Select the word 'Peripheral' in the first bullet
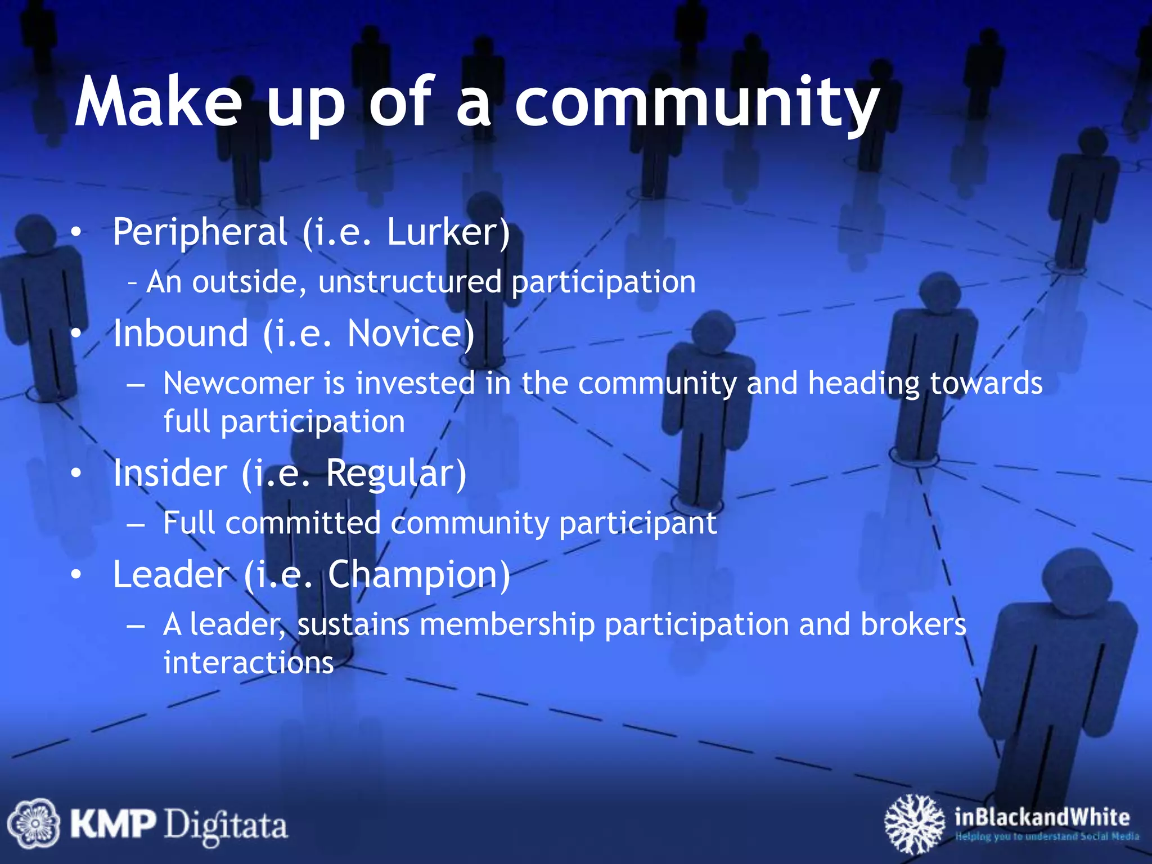click(200, 232)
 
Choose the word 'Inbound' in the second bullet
click(181, 333)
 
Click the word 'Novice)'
click(411, 333)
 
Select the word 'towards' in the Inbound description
click(986, 384)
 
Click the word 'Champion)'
click(419, 574)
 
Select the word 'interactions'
click(249, 663)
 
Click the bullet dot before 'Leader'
click(76, 574)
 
